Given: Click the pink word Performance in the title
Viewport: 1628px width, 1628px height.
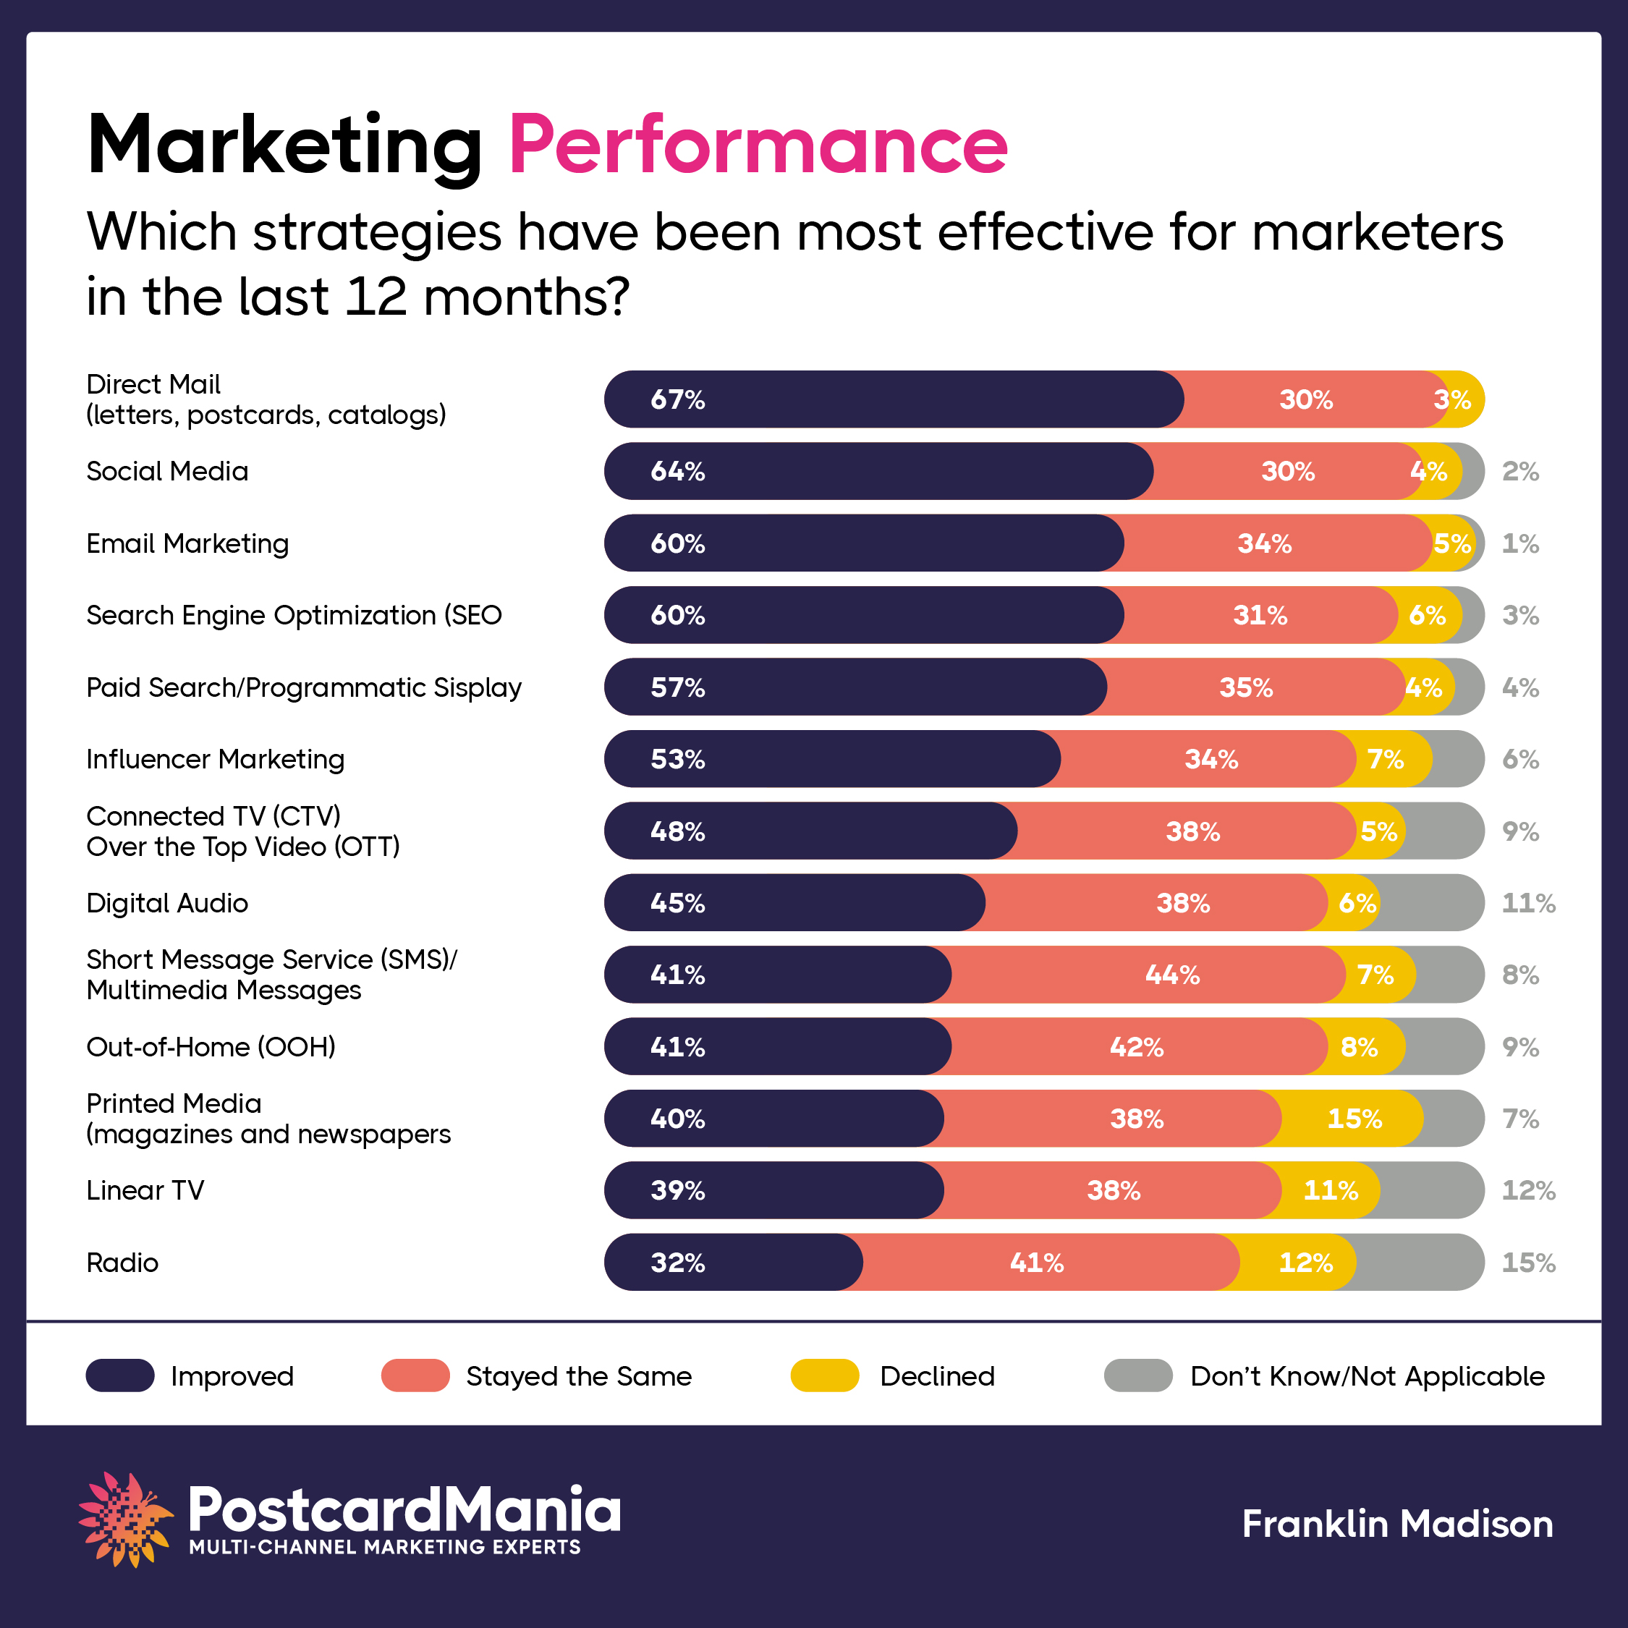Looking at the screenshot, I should [x=758, y=145].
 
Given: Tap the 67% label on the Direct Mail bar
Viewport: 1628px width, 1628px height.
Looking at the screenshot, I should [x=677, y=399].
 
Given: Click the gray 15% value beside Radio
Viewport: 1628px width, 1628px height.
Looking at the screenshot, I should [x=1527, y=1263].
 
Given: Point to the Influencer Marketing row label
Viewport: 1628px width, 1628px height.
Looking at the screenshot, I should [x=216, y=759].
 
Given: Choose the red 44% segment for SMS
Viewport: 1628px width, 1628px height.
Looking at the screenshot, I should [x=1171, y=975].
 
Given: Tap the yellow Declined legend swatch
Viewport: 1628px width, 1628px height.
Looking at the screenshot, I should [x=824, y=1375].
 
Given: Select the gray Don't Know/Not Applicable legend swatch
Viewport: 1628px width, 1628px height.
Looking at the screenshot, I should [x=1137, y=1375].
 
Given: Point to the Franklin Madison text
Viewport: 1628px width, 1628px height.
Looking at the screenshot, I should [x=1397, y=1524].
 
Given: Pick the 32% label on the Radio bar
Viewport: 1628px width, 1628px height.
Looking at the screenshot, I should [x=677, y=1263].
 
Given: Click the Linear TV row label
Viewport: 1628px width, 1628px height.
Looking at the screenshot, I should [x=145, y=1191].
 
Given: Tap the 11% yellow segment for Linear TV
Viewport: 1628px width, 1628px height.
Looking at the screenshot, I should [x=1331, y=1191].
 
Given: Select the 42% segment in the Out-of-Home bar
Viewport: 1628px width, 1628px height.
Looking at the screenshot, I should [x=1136, y=1046].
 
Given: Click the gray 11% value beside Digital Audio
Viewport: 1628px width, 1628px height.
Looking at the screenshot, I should [x=1527, y=903].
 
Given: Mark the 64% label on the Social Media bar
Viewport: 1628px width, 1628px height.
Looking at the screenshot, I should [x=677, y=471].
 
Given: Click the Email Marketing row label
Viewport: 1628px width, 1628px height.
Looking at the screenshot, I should [x=187, y=543].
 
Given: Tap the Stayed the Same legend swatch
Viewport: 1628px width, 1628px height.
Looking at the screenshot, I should [x=415, y=1375].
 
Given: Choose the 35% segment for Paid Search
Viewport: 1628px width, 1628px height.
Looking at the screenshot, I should [x=1245, y=687].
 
